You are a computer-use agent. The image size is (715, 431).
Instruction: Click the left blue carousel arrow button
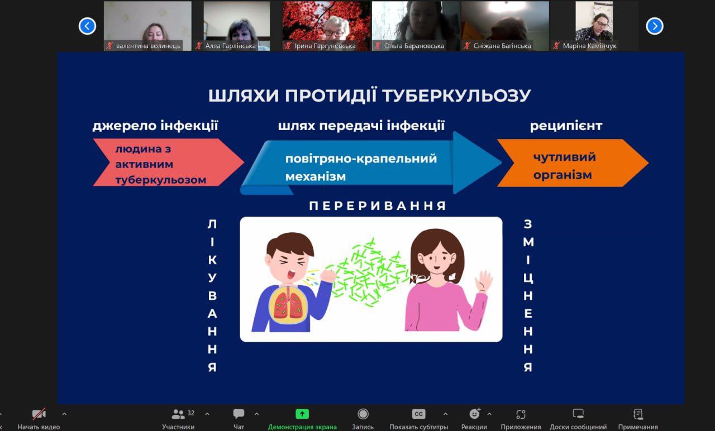(x=87, y=26)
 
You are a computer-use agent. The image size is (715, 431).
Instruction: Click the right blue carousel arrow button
(x=655, y=26)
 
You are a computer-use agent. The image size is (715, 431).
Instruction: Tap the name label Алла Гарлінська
(x=231, y=46)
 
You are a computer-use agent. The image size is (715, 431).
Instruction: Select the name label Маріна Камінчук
(x=589, y=46)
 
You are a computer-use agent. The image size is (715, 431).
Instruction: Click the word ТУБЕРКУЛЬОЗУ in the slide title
(x=456, y=95)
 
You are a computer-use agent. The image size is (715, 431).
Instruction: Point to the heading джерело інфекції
(x=155, y=126)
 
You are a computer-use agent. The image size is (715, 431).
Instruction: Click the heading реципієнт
(x=566, y=126)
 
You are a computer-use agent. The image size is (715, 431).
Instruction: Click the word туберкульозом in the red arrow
(x=161, y=180)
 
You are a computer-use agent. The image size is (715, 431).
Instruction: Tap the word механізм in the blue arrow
(x=316, y=176)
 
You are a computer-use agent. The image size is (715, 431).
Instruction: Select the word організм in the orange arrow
(x=563, y=175)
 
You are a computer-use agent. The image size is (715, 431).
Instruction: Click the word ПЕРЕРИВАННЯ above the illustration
(x=377, y=206)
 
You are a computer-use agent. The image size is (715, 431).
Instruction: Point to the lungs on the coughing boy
(x=289, y=305)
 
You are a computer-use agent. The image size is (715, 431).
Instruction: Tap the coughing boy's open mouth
(x=291, y=274)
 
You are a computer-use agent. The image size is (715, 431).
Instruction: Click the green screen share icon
(x=302, y=414)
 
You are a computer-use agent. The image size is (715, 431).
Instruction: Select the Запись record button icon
(x=363, y=414)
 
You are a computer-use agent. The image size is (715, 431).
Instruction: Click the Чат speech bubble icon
(x=239, y=414)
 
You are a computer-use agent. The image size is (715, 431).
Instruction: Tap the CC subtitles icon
(x=418, y=414)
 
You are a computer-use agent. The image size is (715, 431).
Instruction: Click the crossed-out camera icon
(x=39, y=414)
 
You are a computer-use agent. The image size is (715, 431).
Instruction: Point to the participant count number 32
(x=191, y=413)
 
